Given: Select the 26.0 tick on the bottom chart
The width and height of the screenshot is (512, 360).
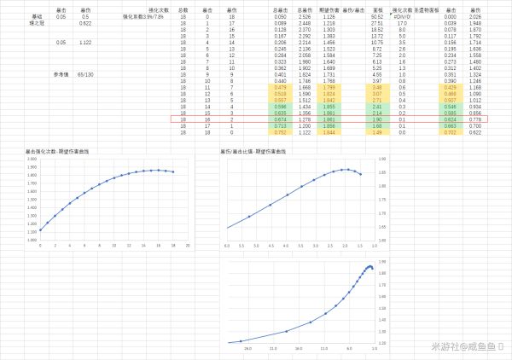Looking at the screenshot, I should [248, 348].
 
